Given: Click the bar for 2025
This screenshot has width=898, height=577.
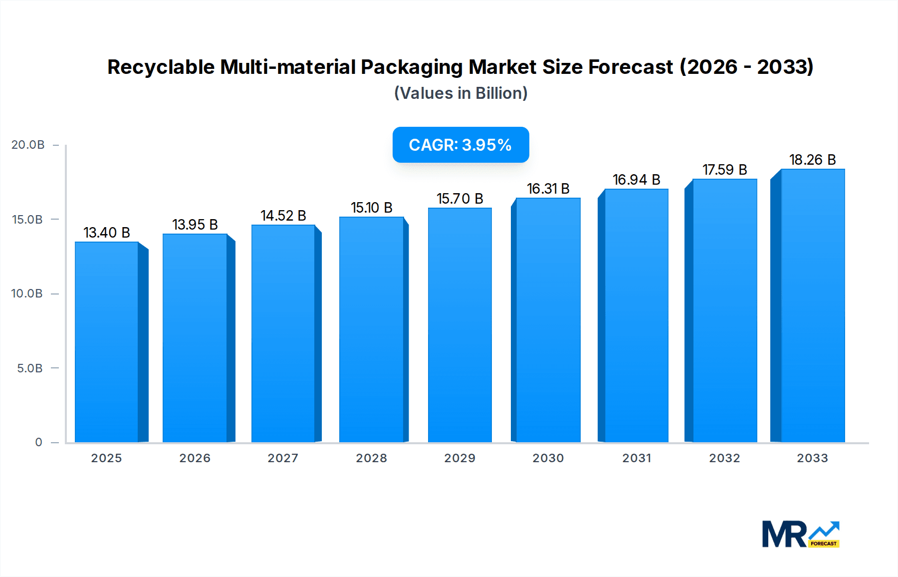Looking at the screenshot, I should (107, 342).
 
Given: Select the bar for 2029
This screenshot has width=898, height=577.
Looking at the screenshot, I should (459, 325).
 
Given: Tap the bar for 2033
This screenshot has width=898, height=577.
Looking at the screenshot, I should (812, 305).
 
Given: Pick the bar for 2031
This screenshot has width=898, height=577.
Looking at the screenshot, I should (636, 315).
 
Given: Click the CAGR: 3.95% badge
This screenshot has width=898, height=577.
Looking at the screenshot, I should (460, 145).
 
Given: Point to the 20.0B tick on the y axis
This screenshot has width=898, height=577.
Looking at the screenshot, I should (28, 145).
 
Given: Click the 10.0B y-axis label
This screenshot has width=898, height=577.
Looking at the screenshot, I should (27, 293).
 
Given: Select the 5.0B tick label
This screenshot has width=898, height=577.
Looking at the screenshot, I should (29, 368).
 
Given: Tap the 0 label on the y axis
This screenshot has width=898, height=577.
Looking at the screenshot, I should (38, 442).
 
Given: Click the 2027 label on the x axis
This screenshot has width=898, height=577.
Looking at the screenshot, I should (283, 458).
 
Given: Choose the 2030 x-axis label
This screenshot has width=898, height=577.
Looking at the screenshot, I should (548, 458).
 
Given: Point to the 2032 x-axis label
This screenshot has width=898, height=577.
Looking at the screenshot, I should (724, 458).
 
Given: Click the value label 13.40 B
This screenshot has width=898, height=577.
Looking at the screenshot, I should (107, 233).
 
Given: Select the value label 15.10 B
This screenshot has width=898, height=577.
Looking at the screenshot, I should (371, 208).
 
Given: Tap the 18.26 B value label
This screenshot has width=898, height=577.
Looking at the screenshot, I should (812, 160).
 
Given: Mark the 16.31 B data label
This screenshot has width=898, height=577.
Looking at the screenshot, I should (548, 189).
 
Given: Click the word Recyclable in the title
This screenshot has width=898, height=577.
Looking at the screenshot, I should (161, 67).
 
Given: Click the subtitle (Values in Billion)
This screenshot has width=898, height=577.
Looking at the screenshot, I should (460, 93).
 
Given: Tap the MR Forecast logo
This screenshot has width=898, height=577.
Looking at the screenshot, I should (800, 534).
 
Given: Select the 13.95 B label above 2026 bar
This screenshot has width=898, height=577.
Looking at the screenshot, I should (195, 225).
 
